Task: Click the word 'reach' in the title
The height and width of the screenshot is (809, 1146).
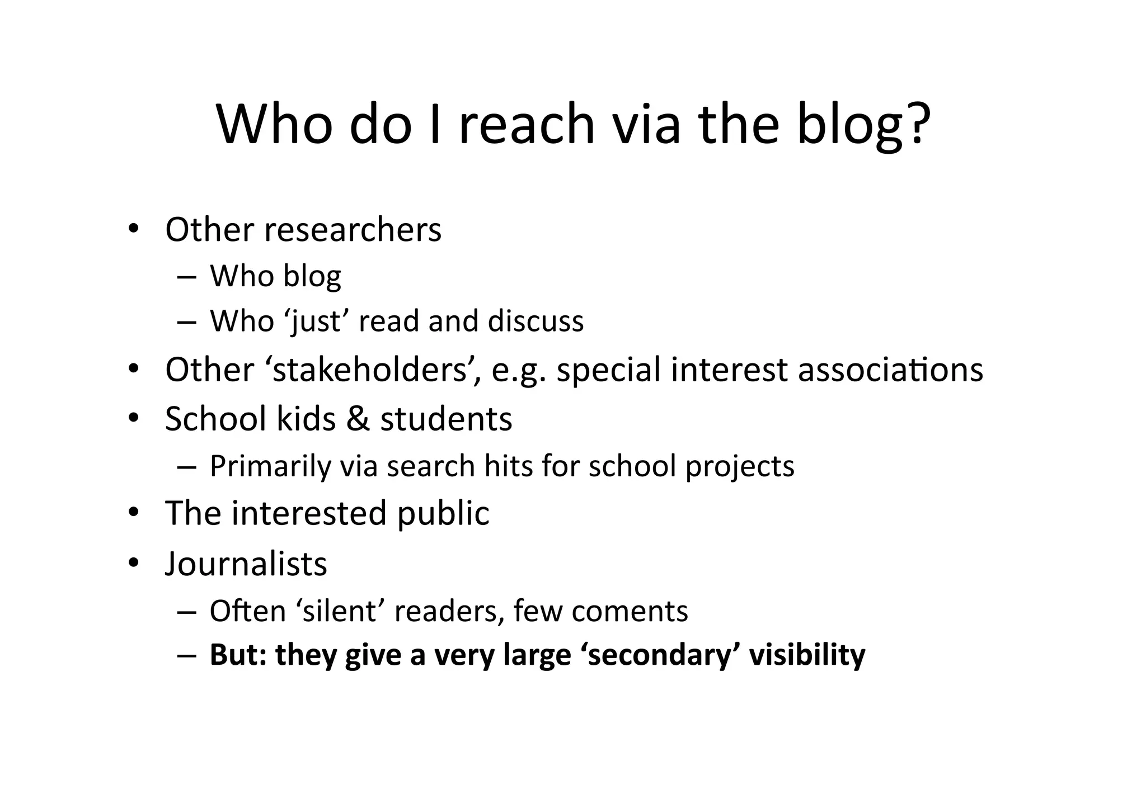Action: click(x=527, y=124)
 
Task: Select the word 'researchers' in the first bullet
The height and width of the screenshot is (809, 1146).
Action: click(x=353, y=230)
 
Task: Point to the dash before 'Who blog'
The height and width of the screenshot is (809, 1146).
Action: click(x=186, y=277)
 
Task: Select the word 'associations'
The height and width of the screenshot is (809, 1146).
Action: click(x=890, y=370)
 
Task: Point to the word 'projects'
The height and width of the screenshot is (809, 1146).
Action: click(x=740, y=466)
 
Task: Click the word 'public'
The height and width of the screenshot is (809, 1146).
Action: click(x=443, y=513)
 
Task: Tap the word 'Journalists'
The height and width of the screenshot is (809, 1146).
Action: click(x=246, y=564)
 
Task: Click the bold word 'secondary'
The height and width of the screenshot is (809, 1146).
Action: click(x=660, y=655)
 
